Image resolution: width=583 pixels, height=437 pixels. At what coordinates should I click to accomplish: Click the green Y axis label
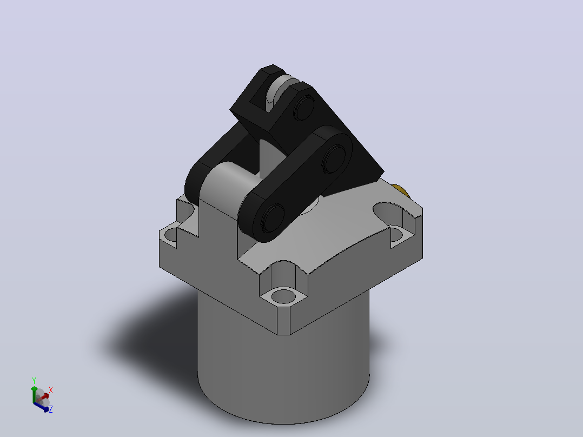[x=34, y=380]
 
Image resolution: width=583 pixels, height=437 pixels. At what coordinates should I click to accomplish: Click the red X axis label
[x=51, y=390]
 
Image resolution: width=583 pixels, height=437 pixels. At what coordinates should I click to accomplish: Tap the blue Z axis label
[x=51, y=409]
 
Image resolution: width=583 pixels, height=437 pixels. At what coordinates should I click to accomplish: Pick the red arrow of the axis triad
[x=42, y=398]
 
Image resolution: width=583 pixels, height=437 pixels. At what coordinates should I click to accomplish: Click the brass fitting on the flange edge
[x=401, y=190]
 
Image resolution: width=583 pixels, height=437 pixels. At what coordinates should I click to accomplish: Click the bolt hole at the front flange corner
[x=283, y=296]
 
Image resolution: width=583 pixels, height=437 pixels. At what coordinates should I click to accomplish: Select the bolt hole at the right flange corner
[x=397, y=234]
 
